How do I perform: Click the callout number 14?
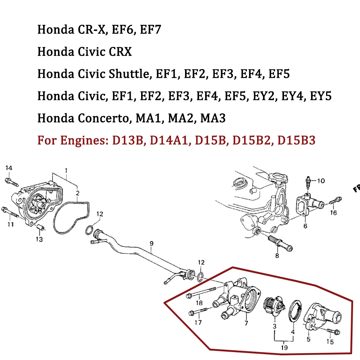[9, 168]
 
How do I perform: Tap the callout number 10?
[321, 180]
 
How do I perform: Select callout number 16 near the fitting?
[333, 213]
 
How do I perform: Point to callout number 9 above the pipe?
[152, 244]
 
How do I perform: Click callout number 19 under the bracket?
[284, 348]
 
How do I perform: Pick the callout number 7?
[246, 323]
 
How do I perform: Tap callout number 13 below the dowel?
[39, 239]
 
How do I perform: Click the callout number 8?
[277, 256]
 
